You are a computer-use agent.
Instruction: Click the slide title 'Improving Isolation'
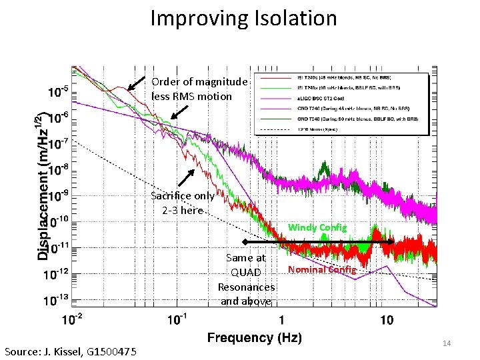[x=243, y=18]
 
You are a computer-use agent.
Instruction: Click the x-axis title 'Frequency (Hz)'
[x=255, y=338]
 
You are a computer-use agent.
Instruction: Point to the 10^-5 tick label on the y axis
[x=56, y=89]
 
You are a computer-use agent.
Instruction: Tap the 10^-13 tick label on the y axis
[x=56, y=301]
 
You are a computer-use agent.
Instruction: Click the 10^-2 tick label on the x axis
[x=73, y=321]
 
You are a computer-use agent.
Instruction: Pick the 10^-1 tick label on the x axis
[x=177, y=321]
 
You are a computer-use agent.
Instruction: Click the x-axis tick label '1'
[x=281, y=321]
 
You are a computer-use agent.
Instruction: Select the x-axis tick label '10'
[x=386, y=321]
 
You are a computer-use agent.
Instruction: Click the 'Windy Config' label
[x=317, y=228]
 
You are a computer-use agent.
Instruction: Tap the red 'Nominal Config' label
[x=322, y=269]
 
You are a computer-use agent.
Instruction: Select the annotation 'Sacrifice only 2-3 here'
[x=182, y=203]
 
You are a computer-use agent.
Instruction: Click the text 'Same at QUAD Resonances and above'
[x=246, y=279]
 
